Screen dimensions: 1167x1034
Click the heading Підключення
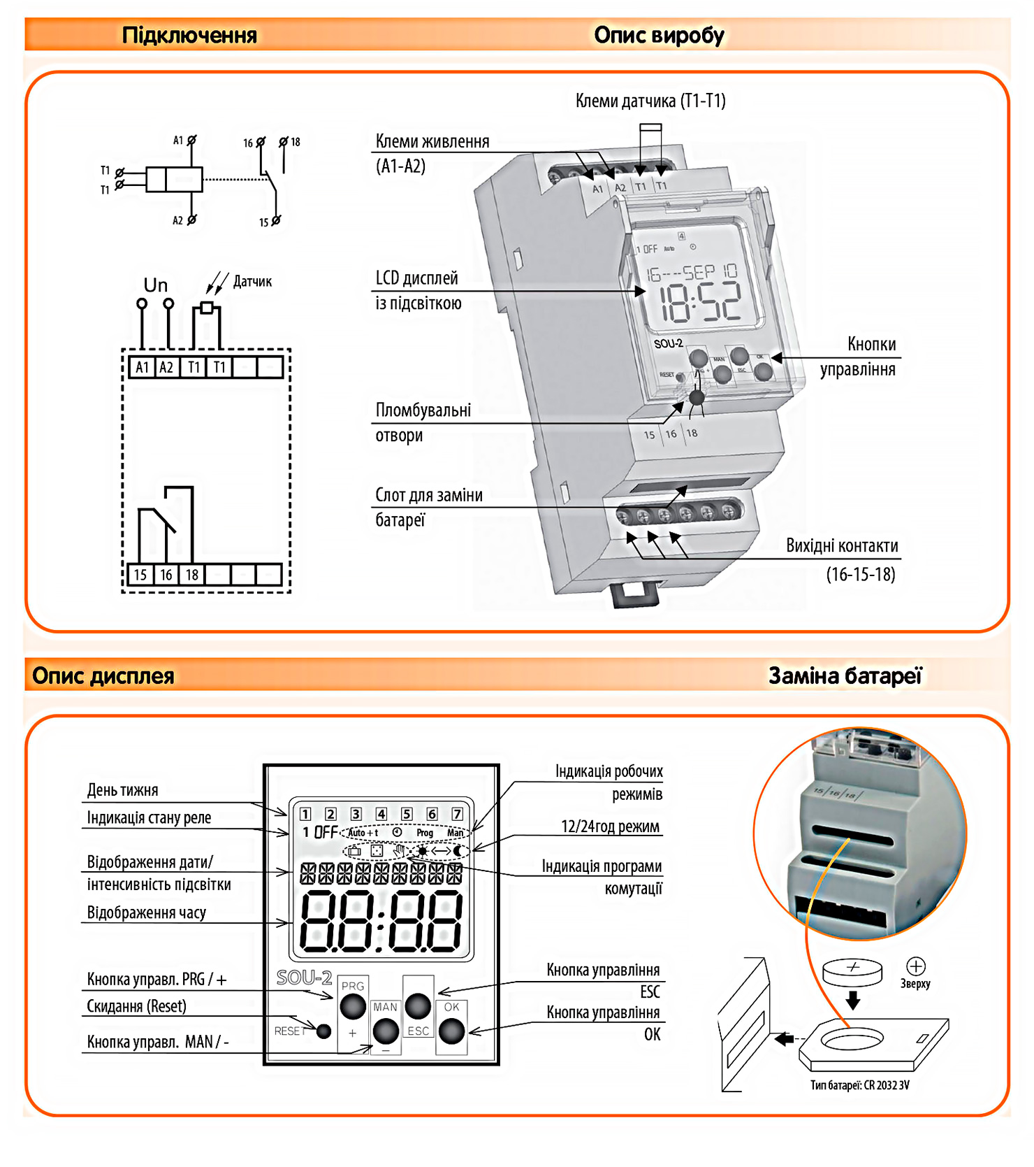click(189, 35)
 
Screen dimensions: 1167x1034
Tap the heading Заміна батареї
click(845, 675)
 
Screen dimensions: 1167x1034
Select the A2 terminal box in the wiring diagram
click(166, 367)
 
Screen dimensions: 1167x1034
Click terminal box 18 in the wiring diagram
click(191, 575)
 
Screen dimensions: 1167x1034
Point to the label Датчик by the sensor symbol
click(252, 282)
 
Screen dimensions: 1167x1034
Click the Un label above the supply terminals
click(155, 285)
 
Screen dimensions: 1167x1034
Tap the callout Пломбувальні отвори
click(423, 422)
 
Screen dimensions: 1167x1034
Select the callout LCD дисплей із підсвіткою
click(418, 290)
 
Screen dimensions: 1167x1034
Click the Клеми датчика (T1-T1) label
click(650, 101)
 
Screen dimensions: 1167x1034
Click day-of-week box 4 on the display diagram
click(381, 814)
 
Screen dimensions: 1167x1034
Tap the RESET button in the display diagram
click(323, 1031)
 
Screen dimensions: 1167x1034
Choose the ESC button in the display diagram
click(418, 1006)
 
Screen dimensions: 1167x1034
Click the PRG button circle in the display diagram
click(353, 1006)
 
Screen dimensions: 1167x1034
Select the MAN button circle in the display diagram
click(385, 1030)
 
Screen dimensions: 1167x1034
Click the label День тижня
click(122, 790)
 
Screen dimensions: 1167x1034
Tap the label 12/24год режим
click(610, 826)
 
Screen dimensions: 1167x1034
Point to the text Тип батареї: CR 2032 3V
click(859, 1085)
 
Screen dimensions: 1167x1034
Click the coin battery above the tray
click(852, 971)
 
